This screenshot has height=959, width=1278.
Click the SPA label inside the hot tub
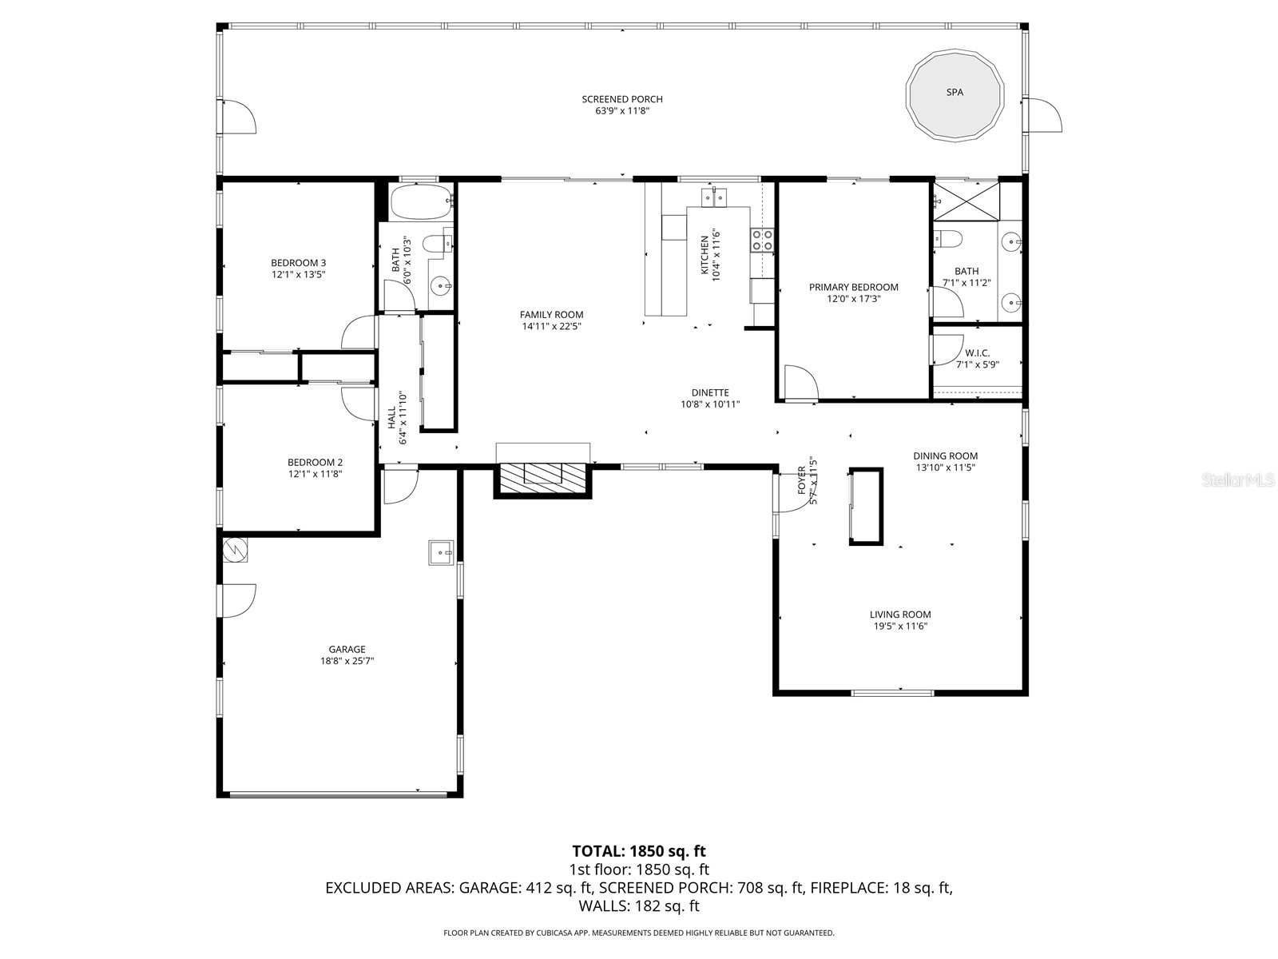click(x=955, y=93)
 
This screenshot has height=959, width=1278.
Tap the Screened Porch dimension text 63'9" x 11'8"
click(x=622, y=111)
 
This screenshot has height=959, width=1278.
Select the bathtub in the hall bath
click(x=421, y=203)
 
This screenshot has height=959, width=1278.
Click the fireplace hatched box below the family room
click(x=543, y=477)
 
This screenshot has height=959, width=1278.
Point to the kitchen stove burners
click(x=762, y=240)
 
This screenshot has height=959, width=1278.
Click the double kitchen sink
click(x=714, y=196)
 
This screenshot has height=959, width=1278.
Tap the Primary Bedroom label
click(x=853, y=287)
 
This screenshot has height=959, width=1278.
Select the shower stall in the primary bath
click(x=966, y=201)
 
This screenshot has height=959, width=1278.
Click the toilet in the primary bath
click(x=949, y=239)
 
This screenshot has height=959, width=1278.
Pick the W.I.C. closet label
click(x=977, y=352)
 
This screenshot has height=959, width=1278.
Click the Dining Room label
click(x=945, y=456)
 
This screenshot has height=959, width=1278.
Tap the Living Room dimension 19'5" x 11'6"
click(x=900, y=626)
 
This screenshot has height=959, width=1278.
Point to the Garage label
click(x=347, y=650)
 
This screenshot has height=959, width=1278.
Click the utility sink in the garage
click(x=441, y=552)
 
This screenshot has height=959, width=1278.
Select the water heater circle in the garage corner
click(x=235, y=550)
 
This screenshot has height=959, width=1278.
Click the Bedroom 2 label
click(x=315, y=462)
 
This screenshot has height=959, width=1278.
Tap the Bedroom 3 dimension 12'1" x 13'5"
click(x=298, y=274)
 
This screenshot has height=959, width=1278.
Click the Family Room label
click(x=551, y=314)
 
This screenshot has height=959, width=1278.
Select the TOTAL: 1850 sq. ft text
click(x=639, y=851)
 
